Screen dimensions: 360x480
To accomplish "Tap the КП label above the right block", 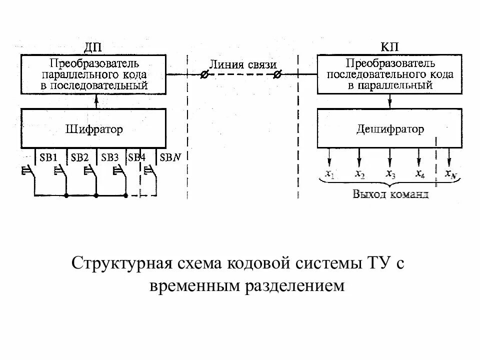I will click(389, 48).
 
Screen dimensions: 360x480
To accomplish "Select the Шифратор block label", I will click(94, 129).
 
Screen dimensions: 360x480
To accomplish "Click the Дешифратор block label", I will click(390, 129).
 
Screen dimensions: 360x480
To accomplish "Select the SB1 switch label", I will click(49, 157).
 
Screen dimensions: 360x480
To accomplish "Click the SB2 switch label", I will click(79, 157).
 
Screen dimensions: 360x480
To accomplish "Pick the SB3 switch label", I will click(110, 157).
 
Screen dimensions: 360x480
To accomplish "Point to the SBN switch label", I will click(170, 157).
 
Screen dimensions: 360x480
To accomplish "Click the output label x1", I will click(329, 174).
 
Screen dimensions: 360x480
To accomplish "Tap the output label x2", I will click(359, 174).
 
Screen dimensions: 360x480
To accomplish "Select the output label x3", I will click(390, 174).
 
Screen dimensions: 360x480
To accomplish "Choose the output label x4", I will click(420, 174).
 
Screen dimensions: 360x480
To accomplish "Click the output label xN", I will click(450, 174).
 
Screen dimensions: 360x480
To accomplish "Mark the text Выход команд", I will click(390, 194).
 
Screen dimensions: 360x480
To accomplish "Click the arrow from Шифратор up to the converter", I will click(97, 100).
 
